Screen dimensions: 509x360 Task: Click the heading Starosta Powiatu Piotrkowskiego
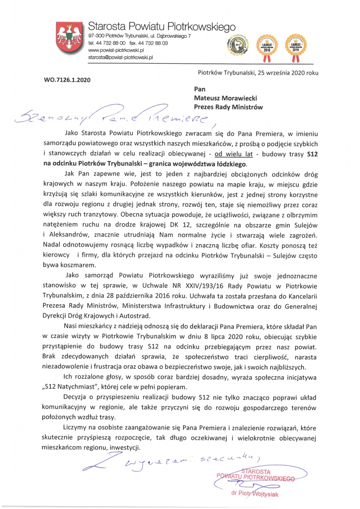coord(155,26)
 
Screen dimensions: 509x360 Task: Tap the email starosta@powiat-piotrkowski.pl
coord(120,58)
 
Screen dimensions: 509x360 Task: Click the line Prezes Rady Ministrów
coord(228,107)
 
